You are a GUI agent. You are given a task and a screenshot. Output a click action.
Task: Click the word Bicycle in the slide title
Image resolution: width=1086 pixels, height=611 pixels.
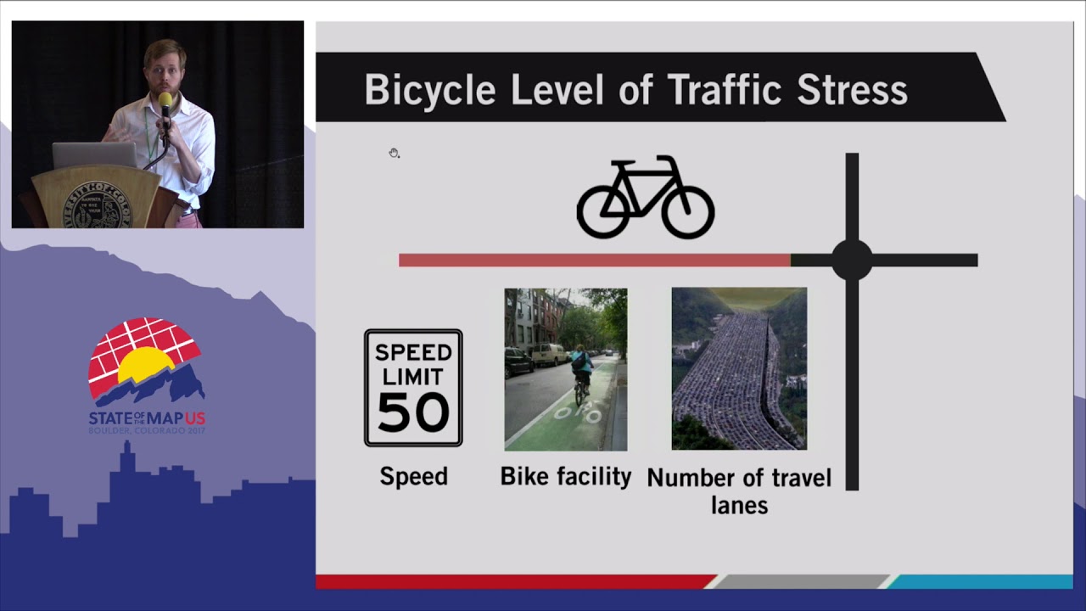pos(429,90)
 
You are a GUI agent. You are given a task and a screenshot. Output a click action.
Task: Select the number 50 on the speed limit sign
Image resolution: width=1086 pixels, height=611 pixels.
pos(413,412)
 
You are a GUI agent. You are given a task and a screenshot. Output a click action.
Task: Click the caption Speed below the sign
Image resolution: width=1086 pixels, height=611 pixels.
pos(413,476)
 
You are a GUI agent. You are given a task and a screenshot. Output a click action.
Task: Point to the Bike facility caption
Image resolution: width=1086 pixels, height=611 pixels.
pos(566,476)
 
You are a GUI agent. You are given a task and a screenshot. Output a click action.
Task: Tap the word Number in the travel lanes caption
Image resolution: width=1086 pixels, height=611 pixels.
pos(686,478)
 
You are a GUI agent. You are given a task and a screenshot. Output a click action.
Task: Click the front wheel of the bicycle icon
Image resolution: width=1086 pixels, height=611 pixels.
pos(688,211)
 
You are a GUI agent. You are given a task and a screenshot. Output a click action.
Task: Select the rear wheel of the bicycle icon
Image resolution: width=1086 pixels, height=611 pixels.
pos(603,211)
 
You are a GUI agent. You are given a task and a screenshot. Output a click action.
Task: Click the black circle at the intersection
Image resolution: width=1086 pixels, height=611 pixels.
pos(852,260)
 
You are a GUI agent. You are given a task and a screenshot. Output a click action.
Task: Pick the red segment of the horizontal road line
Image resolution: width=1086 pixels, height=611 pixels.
pos(594,260)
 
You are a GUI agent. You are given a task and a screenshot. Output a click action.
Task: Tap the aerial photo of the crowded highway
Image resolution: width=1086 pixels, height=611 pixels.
pos(739,368)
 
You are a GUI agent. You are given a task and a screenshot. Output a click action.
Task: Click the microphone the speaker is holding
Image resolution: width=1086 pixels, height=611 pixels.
pos(165,105)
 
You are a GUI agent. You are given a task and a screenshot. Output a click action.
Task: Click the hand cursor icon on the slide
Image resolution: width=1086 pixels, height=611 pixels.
pos(394,153)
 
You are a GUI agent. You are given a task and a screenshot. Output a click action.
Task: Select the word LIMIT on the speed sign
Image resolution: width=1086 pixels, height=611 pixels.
pos(413,376)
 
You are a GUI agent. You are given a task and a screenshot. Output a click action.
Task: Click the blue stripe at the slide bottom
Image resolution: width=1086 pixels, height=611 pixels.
pos(980,582)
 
